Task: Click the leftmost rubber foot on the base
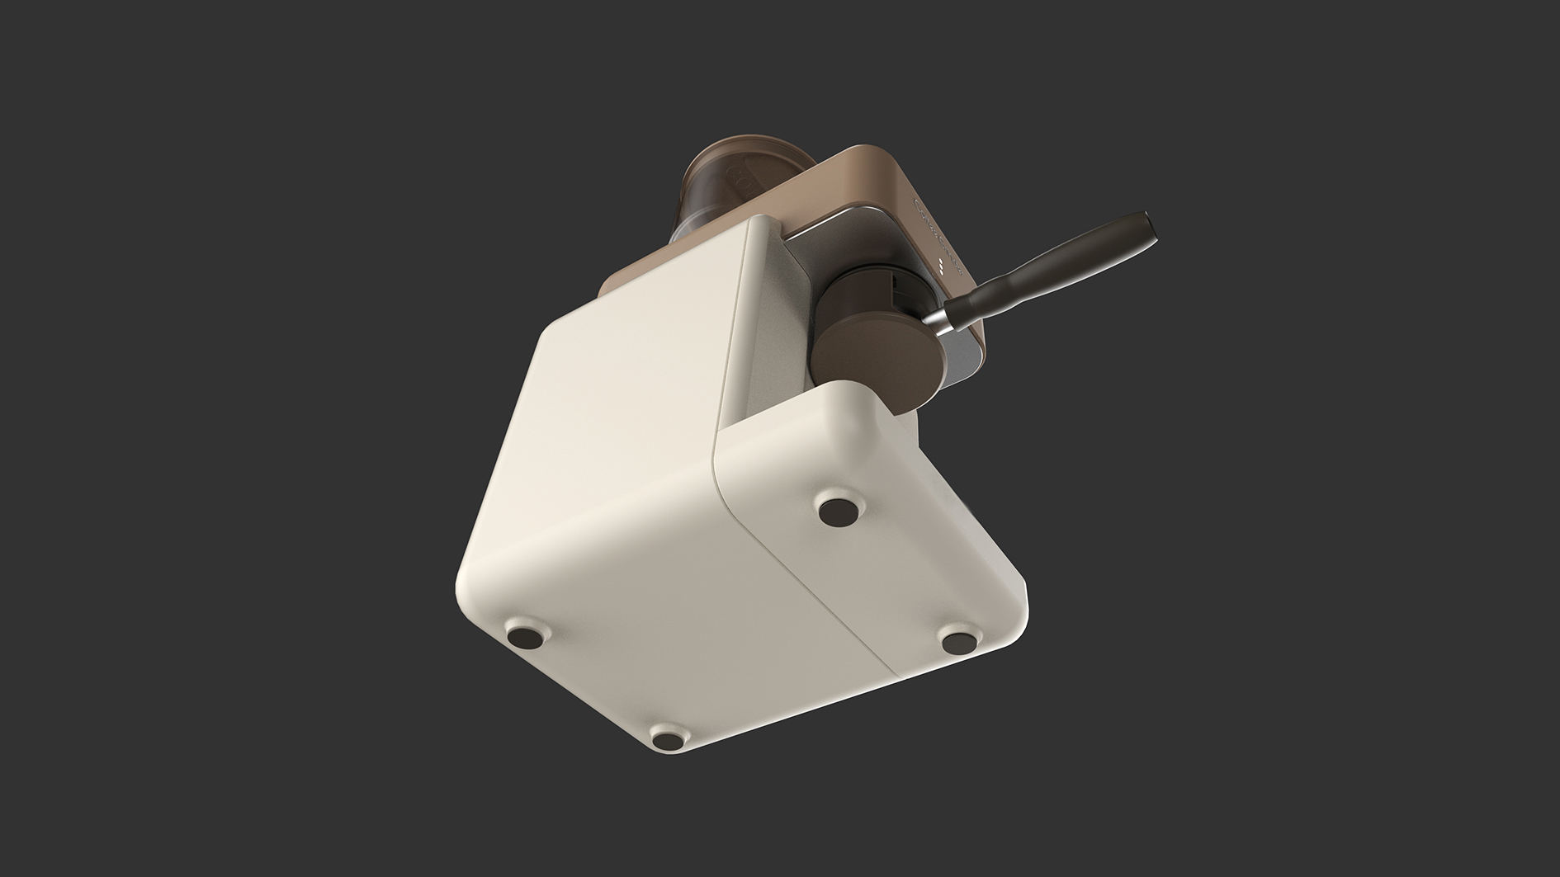pos(523,637)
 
